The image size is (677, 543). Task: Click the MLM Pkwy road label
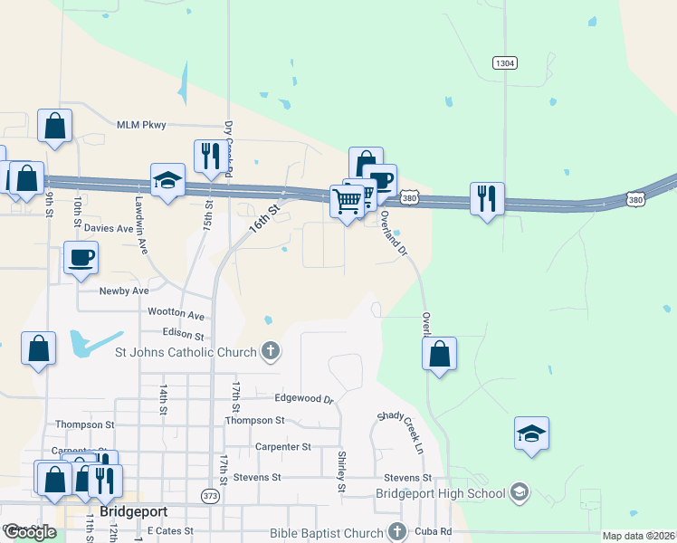pyautogui.click(x=141, y=125)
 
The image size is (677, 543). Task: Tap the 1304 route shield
pyautogui.click(x=506, y=63)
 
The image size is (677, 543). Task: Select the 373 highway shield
pyautogui.click(x=211, y=496)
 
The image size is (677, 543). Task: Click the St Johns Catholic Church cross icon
pyautogui.click(x=270, y=350)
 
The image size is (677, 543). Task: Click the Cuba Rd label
pyautogui.click(x=434, y=531)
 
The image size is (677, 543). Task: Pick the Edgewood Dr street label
pyautogui.click(x=304, y=398)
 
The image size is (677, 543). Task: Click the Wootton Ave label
pyautogui.click(x=176, y=313)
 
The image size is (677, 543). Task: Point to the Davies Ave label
pyautogui.click(x=109, y=229)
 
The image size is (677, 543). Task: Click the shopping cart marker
pyautogui.click(x=347, y=202)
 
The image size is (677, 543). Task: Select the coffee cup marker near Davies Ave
pyautogui.click(x=81, y=258)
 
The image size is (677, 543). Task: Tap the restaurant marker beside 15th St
pyautogui.click(x=210, y=157)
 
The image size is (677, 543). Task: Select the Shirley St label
pyautogui.click(x=341, y=472)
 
